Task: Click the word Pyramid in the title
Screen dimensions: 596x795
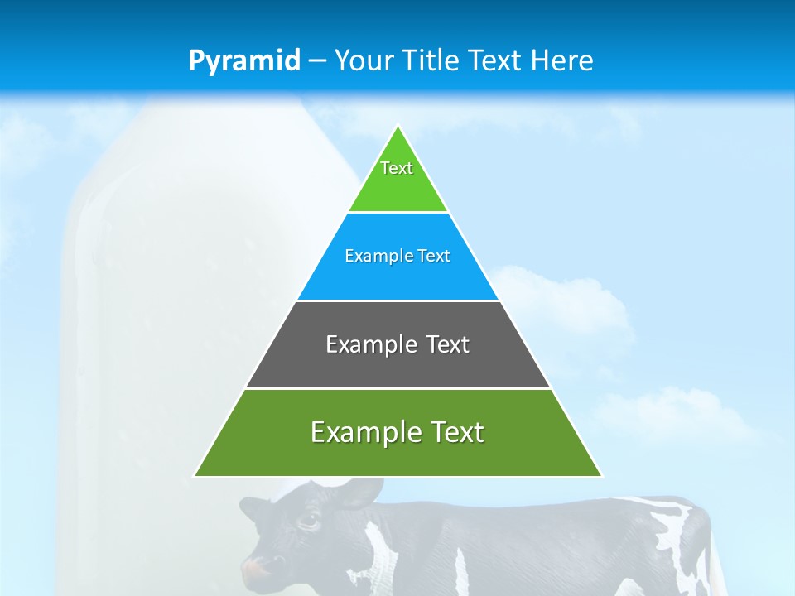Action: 244,61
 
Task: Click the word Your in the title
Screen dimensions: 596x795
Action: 364,60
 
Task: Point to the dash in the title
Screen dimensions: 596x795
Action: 316,61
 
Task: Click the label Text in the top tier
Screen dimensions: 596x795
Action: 397,168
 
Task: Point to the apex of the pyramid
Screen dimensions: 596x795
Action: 398,126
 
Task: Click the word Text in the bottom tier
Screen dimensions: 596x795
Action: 454,432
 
